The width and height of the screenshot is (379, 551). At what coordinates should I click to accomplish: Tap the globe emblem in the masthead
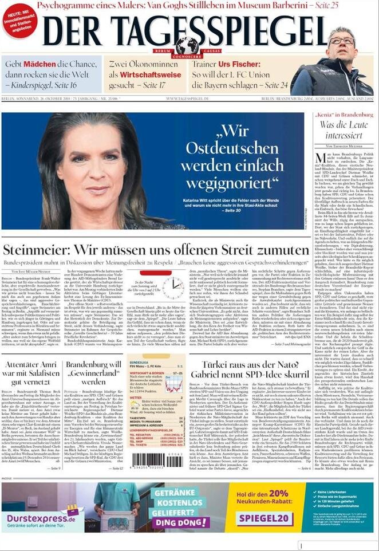pos(187,45)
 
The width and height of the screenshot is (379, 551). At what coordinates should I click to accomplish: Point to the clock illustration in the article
pos(172,288)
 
